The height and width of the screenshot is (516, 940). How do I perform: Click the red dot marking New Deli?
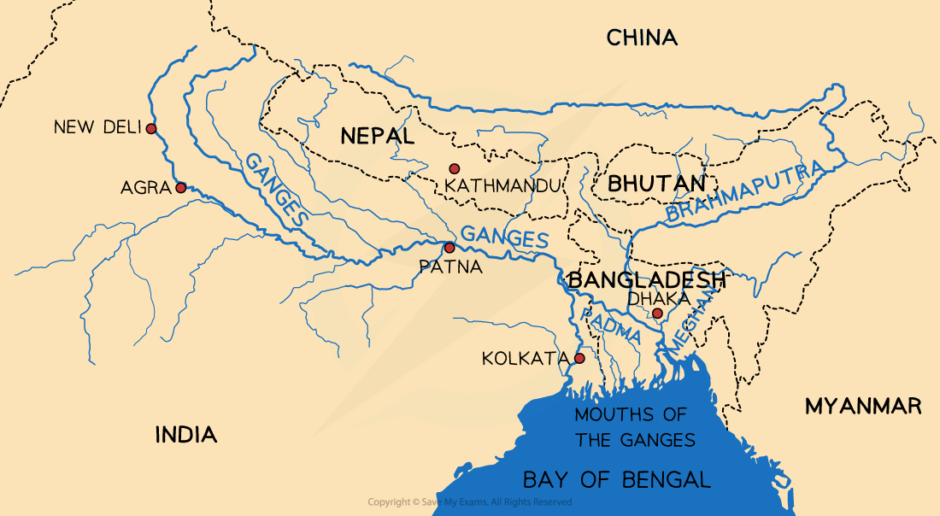tap(150, 129)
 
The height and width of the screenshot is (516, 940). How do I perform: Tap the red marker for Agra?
tap(180, 188)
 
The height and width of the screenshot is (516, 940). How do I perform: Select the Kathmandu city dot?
tap(454, 169)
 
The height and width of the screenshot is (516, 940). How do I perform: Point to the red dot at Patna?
tap(449, 248)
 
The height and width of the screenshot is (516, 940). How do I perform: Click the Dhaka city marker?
tap(656, 314)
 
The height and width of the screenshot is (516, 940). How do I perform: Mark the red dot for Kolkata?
tap(579, 358)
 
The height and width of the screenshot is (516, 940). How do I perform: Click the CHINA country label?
tap(642, 38)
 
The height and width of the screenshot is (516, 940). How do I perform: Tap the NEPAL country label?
tap(377, 136)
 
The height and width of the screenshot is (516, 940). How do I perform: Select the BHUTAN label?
tap(656, 184)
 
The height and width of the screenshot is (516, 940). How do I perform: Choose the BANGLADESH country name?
tap(646, 280)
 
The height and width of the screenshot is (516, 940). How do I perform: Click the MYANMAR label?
tap(863, 407)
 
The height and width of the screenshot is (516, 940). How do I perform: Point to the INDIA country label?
tap(185, 435)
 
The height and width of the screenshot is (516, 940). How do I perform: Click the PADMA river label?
tap(609, 325)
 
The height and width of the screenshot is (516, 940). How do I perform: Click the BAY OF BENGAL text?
tap(616, 479)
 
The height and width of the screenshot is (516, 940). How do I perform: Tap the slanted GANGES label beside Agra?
tap(276, 190)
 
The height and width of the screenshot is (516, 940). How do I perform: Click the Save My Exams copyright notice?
tap(469, 502)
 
